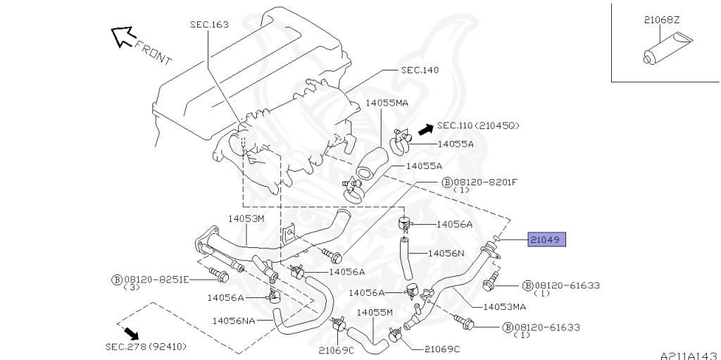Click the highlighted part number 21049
click(546, 240)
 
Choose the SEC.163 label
click(208, 25)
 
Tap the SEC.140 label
click(420, 70)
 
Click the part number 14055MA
click(386, 103)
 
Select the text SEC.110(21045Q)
click(478, 125)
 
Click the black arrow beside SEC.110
click(424, 129)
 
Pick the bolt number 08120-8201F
click(485, 182)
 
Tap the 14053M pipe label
click(245, 218)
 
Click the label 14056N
click(446, 252)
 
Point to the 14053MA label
click(504, 306)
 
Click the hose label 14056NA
click(233, 320)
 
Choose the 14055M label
click(374, 312)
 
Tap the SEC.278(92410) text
click(146, 347)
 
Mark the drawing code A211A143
click(688, 355)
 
